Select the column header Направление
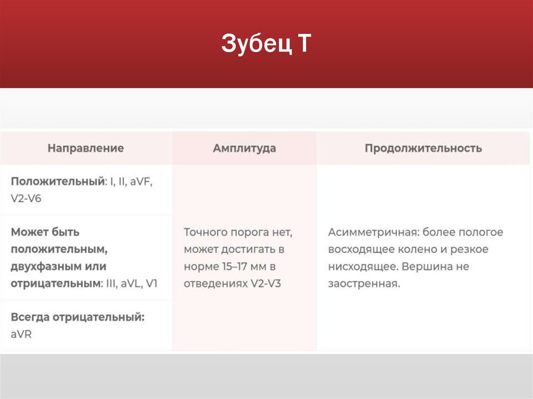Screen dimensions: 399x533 coord(86,148)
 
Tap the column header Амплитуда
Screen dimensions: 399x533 coord(244,148)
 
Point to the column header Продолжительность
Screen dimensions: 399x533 coord(423,148)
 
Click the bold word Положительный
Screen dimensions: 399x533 coord(57,182)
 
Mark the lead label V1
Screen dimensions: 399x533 coord(152,284)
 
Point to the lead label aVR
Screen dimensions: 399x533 coord(21,334)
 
